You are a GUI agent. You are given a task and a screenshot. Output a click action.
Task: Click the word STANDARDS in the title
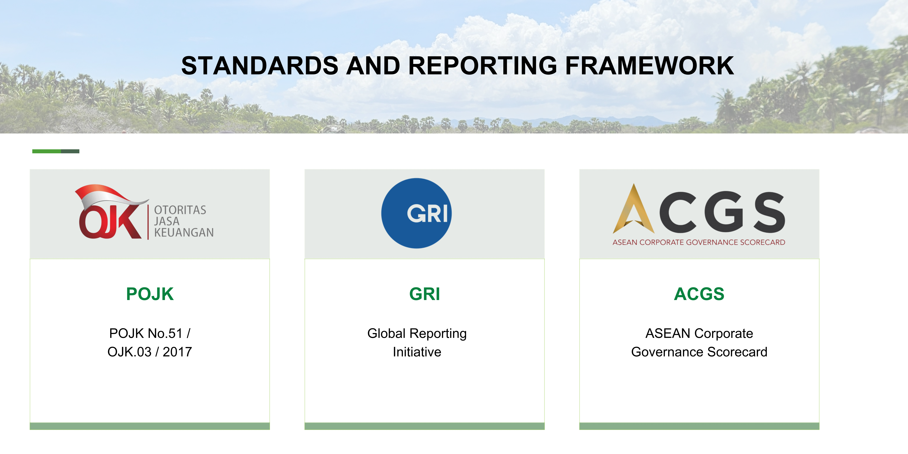(x=260, y=66)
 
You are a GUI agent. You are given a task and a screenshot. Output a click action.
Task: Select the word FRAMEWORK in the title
(x=650, y=66)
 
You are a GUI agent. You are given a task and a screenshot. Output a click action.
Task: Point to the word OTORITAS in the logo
(x=180, y=210)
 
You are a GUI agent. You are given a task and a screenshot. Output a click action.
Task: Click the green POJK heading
(x=150, y=294)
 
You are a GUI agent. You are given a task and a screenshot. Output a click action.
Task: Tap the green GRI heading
(x=425, y=294)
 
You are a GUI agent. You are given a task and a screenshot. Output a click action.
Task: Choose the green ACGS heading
(x=699, y=294)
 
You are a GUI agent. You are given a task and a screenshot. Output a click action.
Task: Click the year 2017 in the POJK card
(x=177, y=352)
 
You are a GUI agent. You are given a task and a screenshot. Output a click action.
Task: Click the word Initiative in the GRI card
(x=417, y=352)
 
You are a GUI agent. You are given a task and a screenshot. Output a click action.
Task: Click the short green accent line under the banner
(x=56, y=151)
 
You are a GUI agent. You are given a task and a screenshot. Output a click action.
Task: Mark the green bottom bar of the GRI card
(x=424, y=426)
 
